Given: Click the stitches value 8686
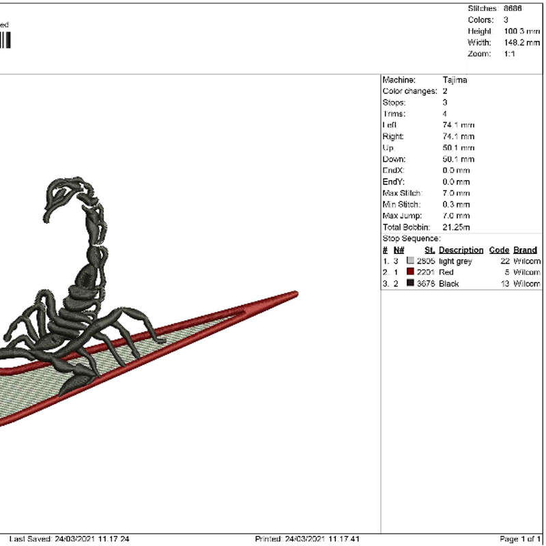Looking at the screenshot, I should point(513,8).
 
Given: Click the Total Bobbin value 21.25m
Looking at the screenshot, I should point(457,227).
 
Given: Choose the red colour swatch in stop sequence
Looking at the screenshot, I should point(410,272).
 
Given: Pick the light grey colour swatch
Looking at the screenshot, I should point(410,261).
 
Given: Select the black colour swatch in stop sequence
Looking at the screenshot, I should point(410,283).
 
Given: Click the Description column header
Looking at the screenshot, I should point(461,250).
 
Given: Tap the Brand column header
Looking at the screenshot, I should point(525,250).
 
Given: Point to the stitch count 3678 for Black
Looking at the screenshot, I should point(426,283).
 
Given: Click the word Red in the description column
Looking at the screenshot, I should point(446,272).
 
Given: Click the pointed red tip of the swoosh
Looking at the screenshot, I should point(295,295).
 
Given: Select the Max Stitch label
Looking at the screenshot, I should point(401,193).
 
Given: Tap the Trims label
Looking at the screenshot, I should point(394,114).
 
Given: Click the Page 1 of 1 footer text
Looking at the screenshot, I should point(521,539).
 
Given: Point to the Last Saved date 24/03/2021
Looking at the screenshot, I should point(74,539).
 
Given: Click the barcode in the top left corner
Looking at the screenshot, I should point(5,40).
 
